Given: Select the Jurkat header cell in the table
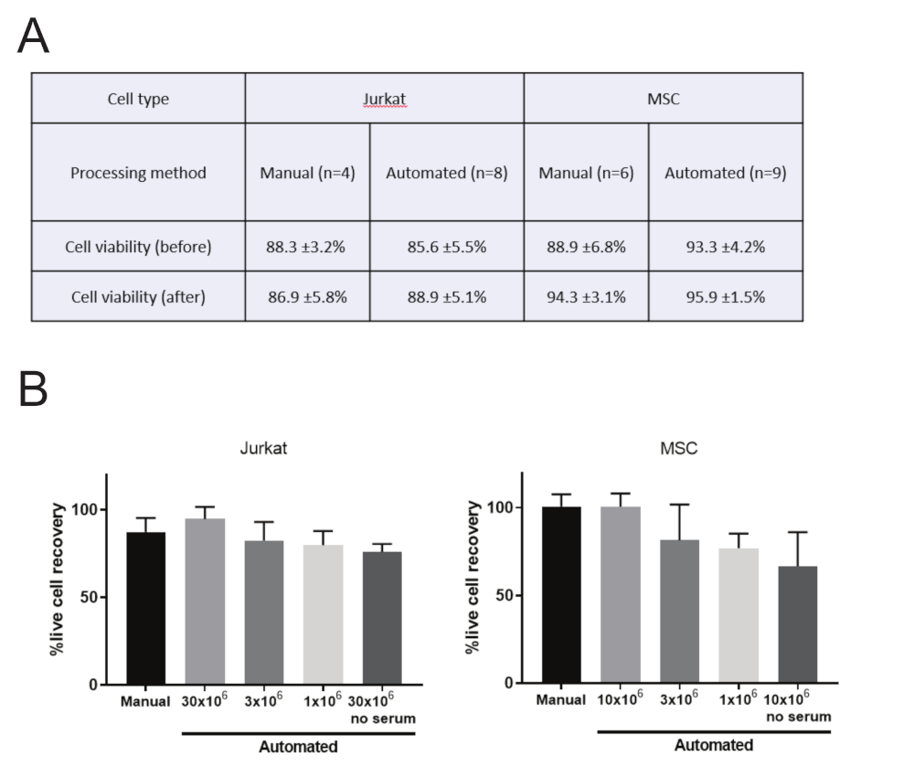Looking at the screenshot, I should coord(384,99).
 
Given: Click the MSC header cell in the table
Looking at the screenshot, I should coord(663,99).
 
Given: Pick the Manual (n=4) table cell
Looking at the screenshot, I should coord(307,172).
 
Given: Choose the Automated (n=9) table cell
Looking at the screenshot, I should coord(725,172).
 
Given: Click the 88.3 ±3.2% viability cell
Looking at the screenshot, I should coord(307,247).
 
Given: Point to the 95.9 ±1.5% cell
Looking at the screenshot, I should coord(725,296).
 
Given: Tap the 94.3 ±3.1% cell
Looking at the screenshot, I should coord(586,296).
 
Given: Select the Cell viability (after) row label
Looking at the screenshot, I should coord(138,296).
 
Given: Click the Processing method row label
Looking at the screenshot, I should coord(138,172).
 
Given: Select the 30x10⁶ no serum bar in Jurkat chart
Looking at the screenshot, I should coord(383,618).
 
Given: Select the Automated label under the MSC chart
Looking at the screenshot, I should coord(714,745).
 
